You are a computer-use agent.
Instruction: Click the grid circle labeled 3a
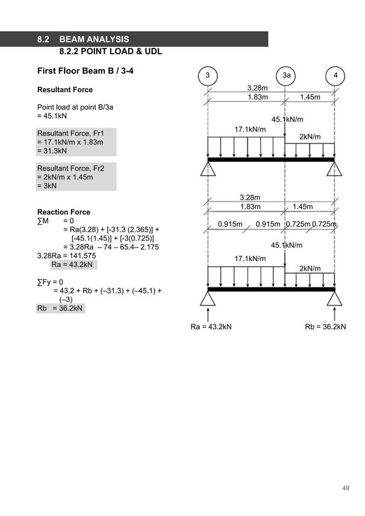pyautogui.click(x=285, y=76)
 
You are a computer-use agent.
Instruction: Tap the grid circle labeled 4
pyautogui.click(x=335, y=76)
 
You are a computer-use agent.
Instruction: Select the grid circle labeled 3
pyautogui.click(x=208, y=76)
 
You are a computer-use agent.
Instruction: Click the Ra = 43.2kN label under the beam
pyautogui.click(x=211, y=327)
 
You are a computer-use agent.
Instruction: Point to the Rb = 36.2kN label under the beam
pyautogui.click(x=326, y=327)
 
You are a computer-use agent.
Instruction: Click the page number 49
pyautogui.click(x=345, y=488)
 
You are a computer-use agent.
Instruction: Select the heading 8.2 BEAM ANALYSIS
pyautogui.click(x=83, y=39)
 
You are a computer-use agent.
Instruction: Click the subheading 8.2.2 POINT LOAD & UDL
pyautogui.click(x=110, y=51)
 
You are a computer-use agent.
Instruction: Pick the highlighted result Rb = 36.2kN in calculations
pyautogui.click(x=60, y=308)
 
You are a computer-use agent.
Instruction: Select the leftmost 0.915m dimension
pyautogui.click(x=231, y=224)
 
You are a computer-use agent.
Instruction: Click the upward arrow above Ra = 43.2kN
pyautogui.click(x=208, y=313)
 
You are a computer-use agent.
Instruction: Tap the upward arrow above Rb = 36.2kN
pyautogui.click(x=335, y=313)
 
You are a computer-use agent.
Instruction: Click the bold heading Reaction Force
pyautogui.click(x=64, y=212)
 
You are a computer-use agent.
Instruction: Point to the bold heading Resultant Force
pyautogui.click(x=65, y=90)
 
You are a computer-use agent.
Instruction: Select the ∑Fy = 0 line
pyautogui.click(x=50, y=282)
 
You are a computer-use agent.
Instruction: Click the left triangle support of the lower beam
pyautogui.click(x=208, y=298)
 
